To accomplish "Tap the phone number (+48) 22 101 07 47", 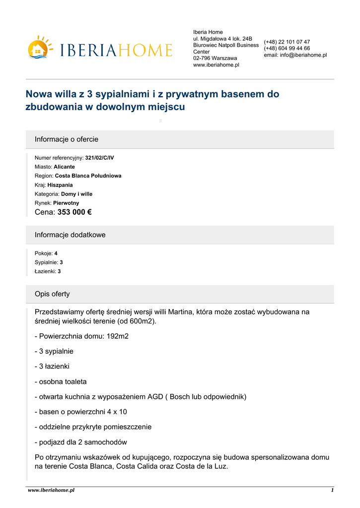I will [x=287, y=42].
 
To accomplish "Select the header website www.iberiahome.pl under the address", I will [x=216, y=64].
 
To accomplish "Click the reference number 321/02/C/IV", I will [x=99, y=158].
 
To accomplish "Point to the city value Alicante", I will [x=64, y=167].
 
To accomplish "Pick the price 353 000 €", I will [x=74, y=212].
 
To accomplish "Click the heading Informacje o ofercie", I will [x=67, y=139].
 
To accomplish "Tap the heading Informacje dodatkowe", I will [x=70, y=235].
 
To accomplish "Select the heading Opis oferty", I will [x=52, y=294].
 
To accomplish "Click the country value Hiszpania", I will [x=60, y=185].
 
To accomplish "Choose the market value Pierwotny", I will [x=66, y=203].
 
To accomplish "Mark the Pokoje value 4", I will [x=56, y=253].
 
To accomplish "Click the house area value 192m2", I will [x=118, y=336].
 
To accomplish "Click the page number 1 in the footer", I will [x=332, y=490].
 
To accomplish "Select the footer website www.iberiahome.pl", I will [x=51, y=490].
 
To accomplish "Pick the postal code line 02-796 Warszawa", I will [x=215, y=58].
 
